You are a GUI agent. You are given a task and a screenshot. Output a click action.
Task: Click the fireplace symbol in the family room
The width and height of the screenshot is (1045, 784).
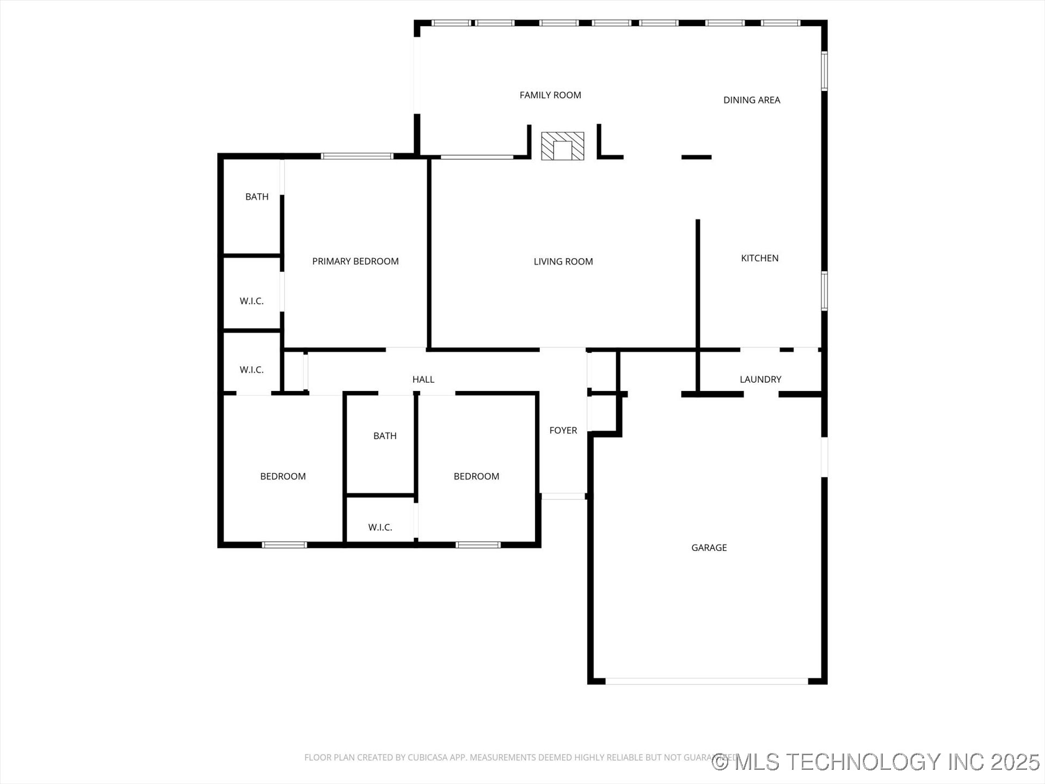click(562, 146)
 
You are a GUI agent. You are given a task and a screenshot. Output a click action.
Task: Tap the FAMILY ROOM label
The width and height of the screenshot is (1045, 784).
click(550, 95)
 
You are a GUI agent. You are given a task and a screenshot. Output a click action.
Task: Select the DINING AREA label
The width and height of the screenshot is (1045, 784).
click(751, 100)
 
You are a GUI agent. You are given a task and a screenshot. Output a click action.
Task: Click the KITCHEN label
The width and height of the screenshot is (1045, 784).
click(759, 258)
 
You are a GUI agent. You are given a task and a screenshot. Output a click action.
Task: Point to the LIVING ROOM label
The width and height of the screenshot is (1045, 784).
click(563, 262)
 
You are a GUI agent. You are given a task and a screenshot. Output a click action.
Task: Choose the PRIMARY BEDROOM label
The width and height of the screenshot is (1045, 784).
click(355, 261)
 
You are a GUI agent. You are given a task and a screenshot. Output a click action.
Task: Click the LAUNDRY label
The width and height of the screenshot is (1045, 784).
click(760, 379)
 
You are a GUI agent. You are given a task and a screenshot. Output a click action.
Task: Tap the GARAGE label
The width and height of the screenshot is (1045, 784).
click(709, 548)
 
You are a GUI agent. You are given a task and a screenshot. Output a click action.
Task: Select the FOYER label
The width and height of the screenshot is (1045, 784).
click(563, 431)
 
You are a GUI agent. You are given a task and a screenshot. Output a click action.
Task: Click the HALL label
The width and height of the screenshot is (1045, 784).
click(423, 379)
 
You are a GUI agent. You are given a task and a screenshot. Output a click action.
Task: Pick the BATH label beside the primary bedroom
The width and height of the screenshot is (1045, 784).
click(256, 197)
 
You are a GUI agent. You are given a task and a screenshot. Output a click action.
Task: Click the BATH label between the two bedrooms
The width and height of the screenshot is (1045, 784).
click(385, 436)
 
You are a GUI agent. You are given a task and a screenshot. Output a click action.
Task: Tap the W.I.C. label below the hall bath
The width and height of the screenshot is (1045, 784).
click(380, 528)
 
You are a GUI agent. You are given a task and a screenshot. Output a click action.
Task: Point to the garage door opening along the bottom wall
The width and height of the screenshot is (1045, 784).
click(706, 681)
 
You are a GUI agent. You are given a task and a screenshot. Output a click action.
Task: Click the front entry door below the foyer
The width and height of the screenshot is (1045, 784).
click(563, 496)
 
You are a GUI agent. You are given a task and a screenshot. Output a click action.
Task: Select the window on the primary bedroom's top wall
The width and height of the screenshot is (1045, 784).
click(356, 156)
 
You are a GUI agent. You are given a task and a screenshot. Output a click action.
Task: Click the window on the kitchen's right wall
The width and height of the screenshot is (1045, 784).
click(824, 291)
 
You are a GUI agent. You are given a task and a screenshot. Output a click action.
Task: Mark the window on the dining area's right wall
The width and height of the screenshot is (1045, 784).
click(824, 71)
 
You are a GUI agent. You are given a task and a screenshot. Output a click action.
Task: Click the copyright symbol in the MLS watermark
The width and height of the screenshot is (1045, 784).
click(721, 762)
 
